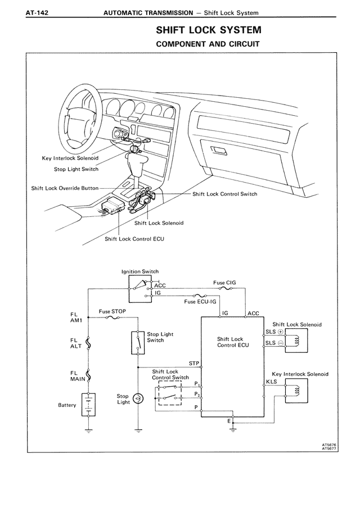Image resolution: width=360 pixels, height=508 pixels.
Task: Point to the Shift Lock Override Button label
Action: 65,188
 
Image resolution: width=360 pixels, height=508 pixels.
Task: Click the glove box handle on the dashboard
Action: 218,149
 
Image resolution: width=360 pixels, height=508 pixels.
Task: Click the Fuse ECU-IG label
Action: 200,302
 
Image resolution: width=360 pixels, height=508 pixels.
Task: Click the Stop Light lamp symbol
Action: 138,398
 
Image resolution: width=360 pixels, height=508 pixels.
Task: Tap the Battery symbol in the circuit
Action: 88,404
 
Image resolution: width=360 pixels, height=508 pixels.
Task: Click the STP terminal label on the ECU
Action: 194,362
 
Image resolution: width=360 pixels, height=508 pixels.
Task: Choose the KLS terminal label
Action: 271,382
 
